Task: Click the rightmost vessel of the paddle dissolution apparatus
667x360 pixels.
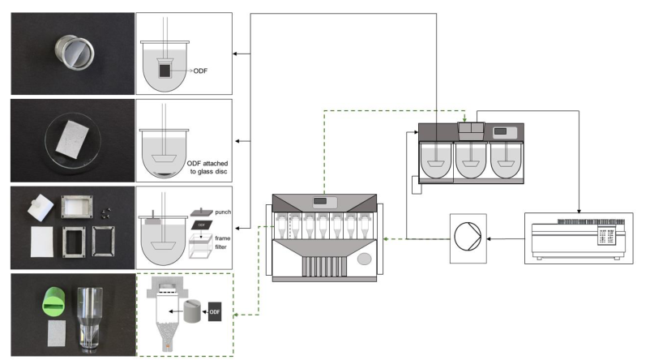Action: click(507, 160)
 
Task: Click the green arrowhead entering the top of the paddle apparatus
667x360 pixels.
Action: click(464, 120)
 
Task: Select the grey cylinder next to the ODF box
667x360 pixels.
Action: click(191, 312)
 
